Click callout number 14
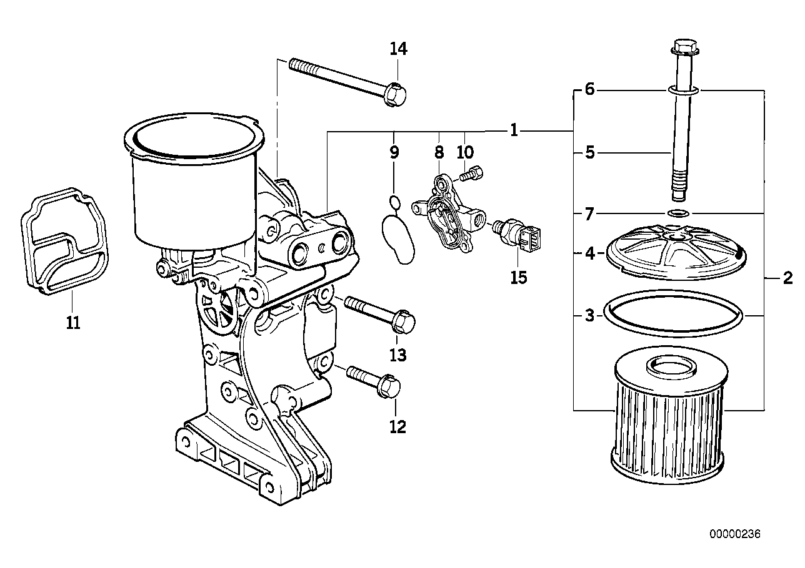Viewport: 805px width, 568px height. [x=398, y=48]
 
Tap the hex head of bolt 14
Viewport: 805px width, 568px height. [x=395, y=94]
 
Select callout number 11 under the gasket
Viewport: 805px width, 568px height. [x=73, y=323]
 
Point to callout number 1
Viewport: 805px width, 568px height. [x=513, y=131]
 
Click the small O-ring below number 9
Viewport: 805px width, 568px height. [x=394, y=201]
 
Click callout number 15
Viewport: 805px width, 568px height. [x=518, y=277]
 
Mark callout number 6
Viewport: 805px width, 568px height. [x=589, y=90]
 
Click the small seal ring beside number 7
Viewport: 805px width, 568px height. [x=678, y=214]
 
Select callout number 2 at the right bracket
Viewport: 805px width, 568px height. [x=787, y=277]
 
